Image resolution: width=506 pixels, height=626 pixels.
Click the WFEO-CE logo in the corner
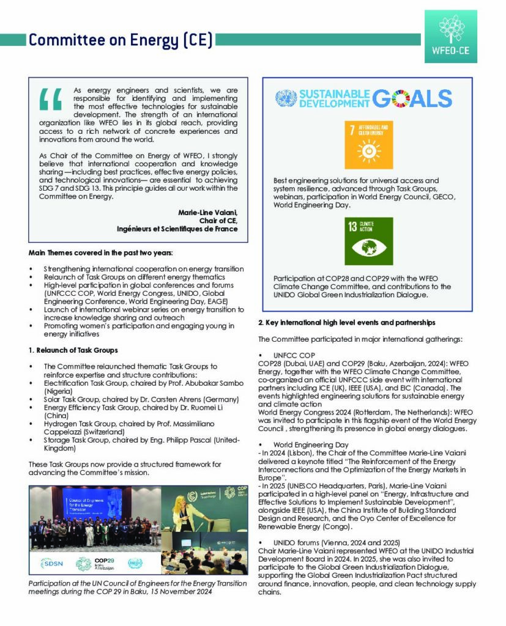coord(450,36)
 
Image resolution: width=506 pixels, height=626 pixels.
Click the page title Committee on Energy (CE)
coord(121,40)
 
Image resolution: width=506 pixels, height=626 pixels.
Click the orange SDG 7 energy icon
coord(368,145)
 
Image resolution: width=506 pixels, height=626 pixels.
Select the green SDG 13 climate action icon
coord(368,241)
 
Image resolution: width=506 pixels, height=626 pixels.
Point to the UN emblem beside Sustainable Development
coord(286,98)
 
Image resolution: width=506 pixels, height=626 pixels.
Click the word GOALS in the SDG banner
coord(412,98)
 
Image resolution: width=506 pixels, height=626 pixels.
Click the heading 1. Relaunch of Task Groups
coord(73,350)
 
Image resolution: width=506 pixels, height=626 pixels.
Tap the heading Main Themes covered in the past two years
coord(101,252)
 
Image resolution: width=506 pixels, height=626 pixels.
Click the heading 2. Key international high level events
coord(346,322)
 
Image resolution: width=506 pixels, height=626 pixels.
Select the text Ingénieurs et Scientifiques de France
coord(177,229)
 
